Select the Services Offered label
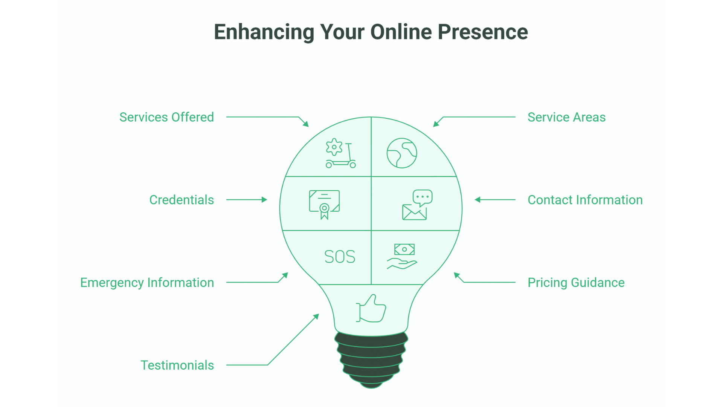click(x=166, y=117)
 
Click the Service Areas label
click(x=566, y=117)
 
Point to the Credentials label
click(x=182, y=200)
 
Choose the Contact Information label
click(x=585, y=200)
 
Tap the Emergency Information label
click(x=147, y=283)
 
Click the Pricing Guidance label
click(x=576, y=283)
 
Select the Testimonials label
click(x=177, y=365)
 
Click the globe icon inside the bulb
click(x=402, y=153)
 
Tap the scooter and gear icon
click(x=340, y=153)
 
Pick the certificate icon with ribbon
click(x=324, y=204)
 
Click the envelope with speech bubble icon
click(x=417, y=205)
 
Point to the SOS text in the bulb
click(x=340, y=257)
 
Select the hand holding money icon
click(x=402, y=256)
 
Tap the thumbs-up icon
click(x=371, y=309)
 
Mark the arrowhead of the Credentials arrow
click(x=265, y=200)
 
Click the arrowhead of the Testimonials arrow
click(x=317, y=316)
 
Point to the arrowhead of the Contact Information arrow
click(x=477, y=200)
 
